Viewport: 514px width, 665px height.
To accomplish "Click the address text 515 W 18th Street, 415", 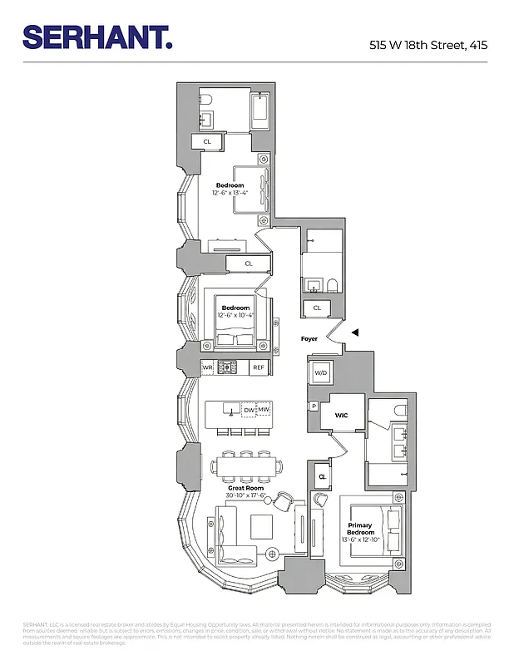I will [428, 45].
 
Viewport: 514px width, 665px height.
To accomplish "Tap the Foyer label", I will [309, 338].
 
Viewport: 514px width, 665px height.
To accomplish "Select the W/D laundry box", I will [321, 373].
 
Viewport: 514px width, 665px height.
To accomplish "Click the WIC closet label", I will [341, 414].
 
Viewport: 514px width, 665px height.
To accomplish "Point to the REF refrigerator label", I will [259, 367].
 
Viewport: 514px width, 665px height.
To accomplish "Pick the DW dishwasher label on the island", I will [249, 410].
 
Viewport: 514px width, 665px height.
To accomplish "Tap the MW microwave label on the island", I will [263, 410].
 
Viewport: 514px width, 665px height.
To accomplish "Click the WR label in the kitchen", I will [207, 367].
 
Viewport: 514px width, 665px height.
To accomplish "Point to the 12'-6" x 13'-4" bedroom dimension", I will [230, 194].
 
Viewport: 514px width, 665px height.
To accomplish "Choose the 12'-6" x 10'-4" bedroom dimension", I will [235, 316].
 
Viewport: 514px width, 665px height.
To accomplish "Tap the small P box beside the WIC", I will [314, 406].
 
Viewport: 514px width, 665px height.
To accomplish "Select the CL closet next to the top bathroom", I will [207, 142].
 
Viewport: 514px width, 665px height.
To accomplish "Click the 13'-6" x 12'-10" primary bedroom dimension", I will [360, 540].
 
